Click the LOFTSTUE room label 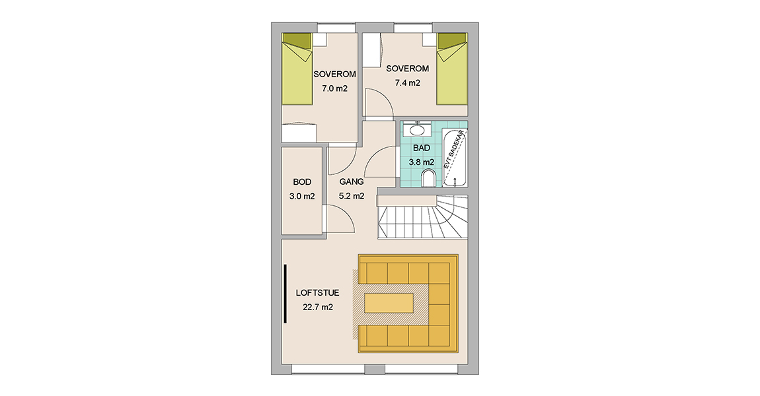click(x=317, y=293)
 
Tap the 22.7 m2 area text click(x=318, y=307)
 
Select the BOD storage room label click(x=302, y=182)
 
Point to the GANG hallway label click(x=352, y=182)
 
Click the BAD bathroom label click(x=421, y=148)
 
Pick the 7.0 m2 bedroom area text click(x=335, y=88)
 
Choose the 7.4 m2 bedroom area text click(x=408, y=82)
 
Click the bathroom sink click(x=417, y=129)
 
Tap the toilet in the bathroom click(x=428, y=178)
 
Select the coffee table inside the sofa click(x=389, y=302)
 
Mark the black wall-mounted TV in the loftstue click(x=285, y=293)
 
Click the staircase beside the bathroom click(x=423, y=217)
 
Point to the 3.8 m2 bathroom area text click(x=421, y=162)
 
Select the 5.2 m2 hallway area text click(x=352, y=196)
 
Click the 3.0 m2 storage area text click(x=302, y=196)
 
